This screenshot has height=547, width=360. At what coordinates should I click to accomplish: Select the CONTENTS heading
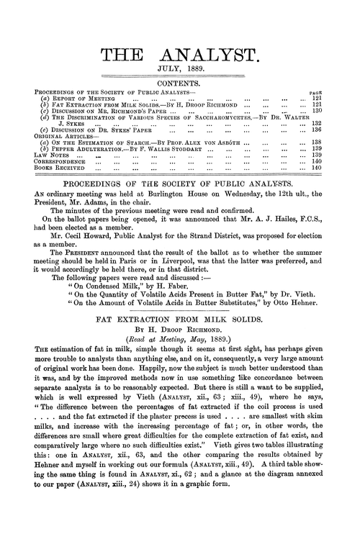click(x=180, y=84)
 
